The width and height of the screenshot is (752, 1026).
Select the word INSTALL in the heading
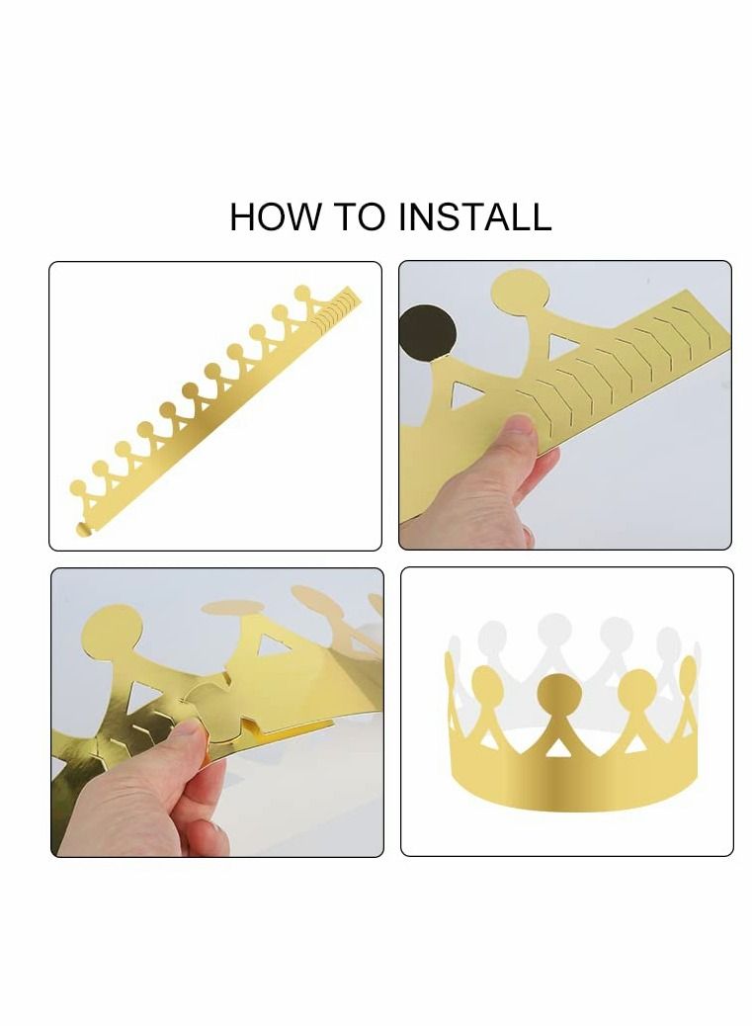(475, 216)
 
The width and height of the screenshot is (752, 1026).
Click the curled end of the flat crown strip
(82, 529)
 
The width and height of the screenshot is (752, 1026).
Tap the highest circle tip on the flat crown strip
(303, 292)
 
